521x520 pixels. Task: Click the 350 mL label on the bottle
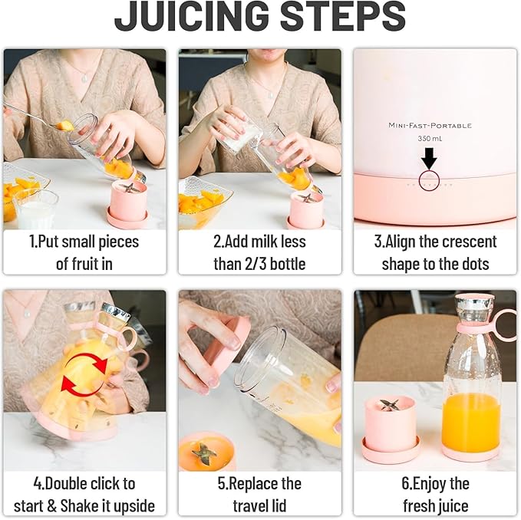pyautogui.click(x=430, y=140)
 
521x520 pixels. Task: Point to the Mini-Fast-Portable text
pyautogui.click(x=430, y=125)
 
